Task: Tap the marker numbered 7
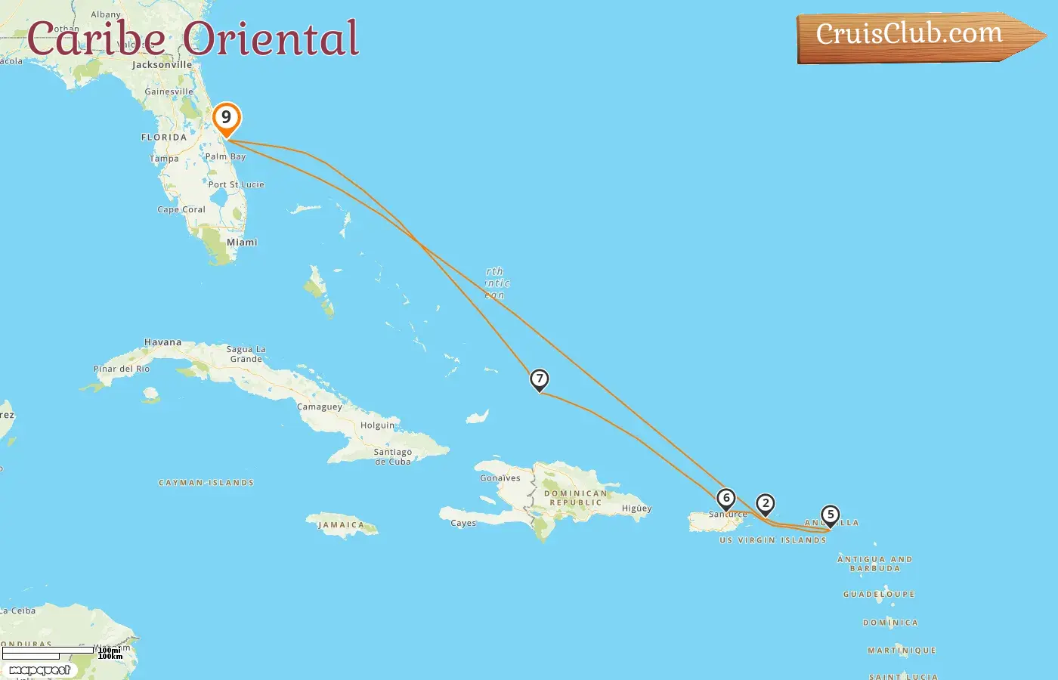(x=539, y=379)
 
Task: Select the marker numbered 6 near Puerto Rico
(x=726, y=499)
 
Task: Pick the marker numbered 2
(x=766, y=504)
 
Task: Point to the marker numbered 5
(x=831, y=515)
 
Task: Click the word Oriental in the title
(x=271, y=39)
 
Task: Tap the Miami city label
(x=242, y=243)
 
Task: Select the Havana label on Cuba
(x=163, y=342)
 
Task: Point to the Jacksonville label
(x=162, y=65)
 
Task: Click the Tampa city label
(x=164, y=159)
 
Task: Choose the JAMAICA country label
(x=341, y=525)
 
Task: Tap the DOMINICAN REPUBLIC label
(x=576, y=498)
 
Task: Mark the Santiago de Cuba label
(x=393, y=456)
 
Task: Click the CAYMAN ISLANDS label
(x=206, y=483)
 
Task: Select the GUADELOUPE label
(x=879, y=595)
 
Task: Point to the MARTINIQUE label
(x=902, y=651)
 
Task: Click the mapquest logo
(x=39, y=670)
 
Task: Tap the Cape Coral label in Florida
(x=181, y=210)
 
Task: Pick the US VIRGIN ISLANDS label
(x=773, y=540)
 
